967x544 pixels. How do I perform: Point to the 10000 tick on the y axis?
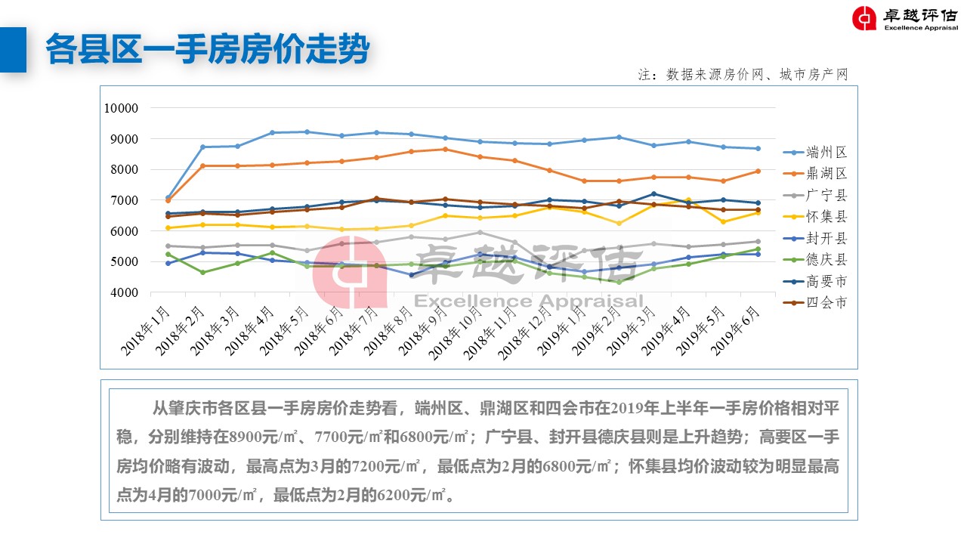coord(120,108)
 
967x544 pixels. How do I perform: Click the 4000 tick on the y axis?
coord(123,292)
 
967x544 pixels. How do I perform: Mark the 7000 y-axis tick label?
coord(123,200)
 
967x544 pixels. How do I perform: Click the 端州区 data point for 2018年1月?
coord(168,198)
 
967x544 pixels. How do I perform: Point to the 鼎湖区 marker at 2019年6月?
coord(757,171)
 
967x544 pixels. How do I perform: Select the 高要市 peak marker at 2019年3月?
coord(653,194)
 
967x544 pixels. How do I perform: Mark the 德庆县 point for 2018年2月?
coord(202,272)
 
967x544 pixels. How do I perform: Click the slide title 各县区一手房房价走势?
coord(207,50)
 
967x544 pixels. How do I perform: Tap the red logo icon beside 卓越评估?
coord(864,18)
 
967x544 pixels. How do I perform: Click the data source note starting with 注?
coord(743,74)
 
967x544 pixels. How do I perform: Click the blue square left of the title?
coord(13,50)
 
